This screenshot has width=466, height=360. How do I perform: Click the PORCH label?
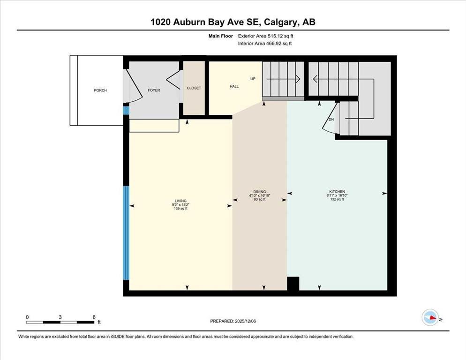pyautogui.click(x=100, y=90)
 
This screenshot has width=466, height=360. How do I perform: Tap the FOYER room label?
pyautogui.click(x=154, y=90)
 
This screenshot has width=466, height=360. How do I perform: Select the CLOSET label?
pyautogui.click(x=194, y=88)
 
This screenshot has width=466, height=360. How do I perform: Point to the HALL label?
pyautogui.click(x=234, y=87)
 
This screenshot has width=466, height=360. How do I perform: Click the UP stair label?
pyautogui.click(x=253, y=79)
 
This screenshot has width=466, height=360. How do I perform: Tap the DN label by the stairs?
pyautogui.click(x=331, y=120)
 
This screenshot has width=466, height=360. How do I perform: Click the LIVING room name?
pyautogui.click(x=180, y=201)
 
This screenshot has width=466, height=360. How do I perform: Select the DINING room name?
pyautogui.click(x=259, y=192)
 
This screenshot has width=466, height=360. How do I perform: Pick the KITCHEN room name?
pyautogui.click(x=337, y=192)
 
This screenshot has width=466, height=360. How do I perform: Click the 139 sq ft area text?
pyautogui.click(x=180, y=209)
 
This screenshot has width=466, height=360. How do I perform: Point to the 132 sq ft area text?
pyautogui.click(x=337, y=200)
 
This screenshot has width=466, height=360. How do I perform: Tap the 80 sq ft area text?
pyautogui.click(x=259, y=200)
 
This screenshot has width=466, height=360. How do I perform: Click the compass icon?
pyautogui.click(x=430, y=317)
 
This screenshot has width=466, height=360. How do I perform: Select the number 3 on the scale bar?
pyautogui.click(x=60, y=317)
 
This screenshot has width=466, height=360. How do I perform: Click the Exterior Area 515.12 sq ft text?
pyautogui.click(x=266, y=36)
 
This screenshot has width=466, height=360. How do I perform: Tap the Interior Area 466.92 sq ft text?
pyautogui.click(x=265, y=44)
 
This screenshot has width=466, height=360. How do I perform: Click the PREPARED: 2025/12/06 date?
pyautogui.click(x=233, y=321)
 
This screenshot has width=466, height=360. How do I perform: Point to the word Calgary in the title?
pyautogui.click(x=280, y=22)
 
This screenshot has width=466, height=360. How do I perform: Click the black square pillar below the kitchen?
pyautogui.click(x=293, y=284)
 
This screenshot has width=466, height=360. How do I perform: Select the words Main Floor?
pyautogui.click(x=221, y=36)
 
